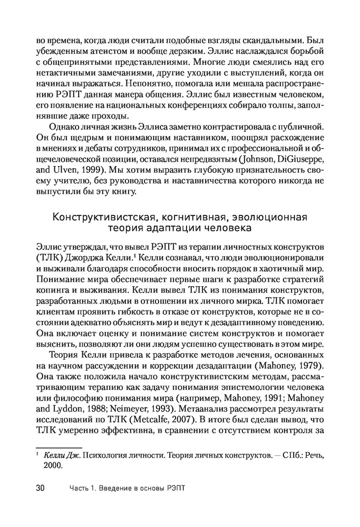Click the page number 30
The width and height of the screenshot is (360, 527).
point(40,488)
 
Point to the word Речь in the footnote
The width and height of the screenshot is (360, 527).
point(313,454)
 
